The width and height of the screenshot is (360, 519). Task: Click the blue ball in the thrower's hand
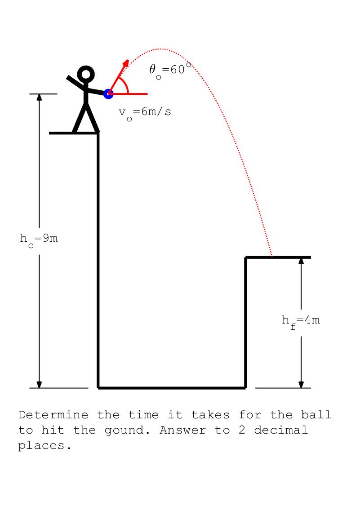coord(108,94)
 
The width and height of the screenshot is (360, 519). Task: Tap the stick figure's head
coord(86,74)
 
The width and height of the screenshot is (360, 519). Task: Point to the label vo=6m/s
coord(145,112)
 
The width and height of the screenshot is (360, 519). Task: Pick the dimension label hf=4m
coord(301,321)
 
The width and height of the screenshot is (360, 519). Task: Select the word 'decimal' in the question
coord(281,430)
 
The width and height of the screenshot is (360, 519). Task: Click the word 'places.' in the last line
coord(45,446)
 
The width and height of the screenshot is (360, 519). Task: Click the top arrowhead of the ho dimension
coord(39,98)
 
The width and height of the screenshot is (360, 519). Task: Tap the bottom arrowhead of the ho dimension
coord(39,384)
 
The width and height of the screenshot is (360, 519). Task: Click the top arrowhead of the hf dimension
coord(301,261)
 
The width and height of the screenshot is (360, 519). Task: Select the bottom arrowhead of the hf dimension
coord(301,384)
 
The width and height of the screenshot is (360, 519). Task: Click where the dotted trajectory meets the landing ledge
coord(272,257)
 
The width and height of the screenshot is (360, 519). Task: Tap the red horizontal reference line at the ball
coord(137,94)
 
